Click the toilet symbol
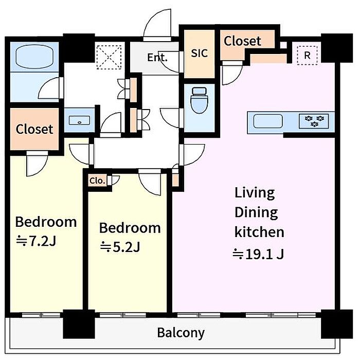(x=200, y=100)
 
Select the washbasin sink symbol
(x=79, y=120)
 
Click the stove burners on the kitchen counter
(x=314, y=121)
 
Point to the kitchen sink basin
(x=268, y=121)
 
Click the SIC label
(x=200, y=53)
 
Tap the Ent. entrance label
(x=157, y=58)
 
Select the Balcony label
(x=181, y=333)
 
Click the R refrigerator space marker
(x=307, y=56)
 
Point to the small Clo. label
(x=97, y=181)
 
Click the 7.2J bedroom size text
(x=36, y=241)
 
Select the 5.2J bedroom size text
(x=120, y=247)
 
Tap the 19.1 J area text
(x=259, y=254)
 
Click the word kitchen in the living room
(x=259, y=232)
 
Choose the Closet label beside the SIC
(x=242, y=41)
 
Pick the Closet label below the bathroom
(x=34, y=129)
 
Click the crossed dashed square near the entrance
(x=109, y=57)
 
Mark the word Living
(x=255, y=193)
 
